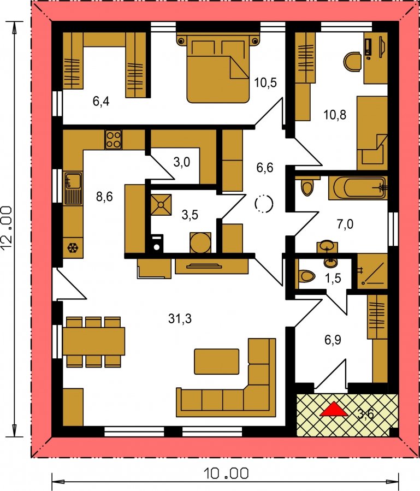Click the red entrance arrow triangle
point(334,409)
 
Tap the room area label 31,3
point(180,319)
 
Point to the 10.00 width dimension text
point(226,473)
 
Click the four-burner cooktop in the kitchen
point(113,139)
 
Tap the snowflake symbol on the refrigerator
point(73,249)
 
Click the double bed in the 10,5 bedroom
point(218,69)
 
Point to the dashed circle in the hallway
point(264,204)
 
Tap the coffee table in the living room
point(216,362)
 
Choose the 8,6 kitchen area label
point(104,197)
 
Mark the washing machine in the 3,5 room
point(157,243)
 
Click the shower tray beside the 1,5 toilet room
point(372,271)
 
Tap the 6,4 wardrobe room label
point(101,101)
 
